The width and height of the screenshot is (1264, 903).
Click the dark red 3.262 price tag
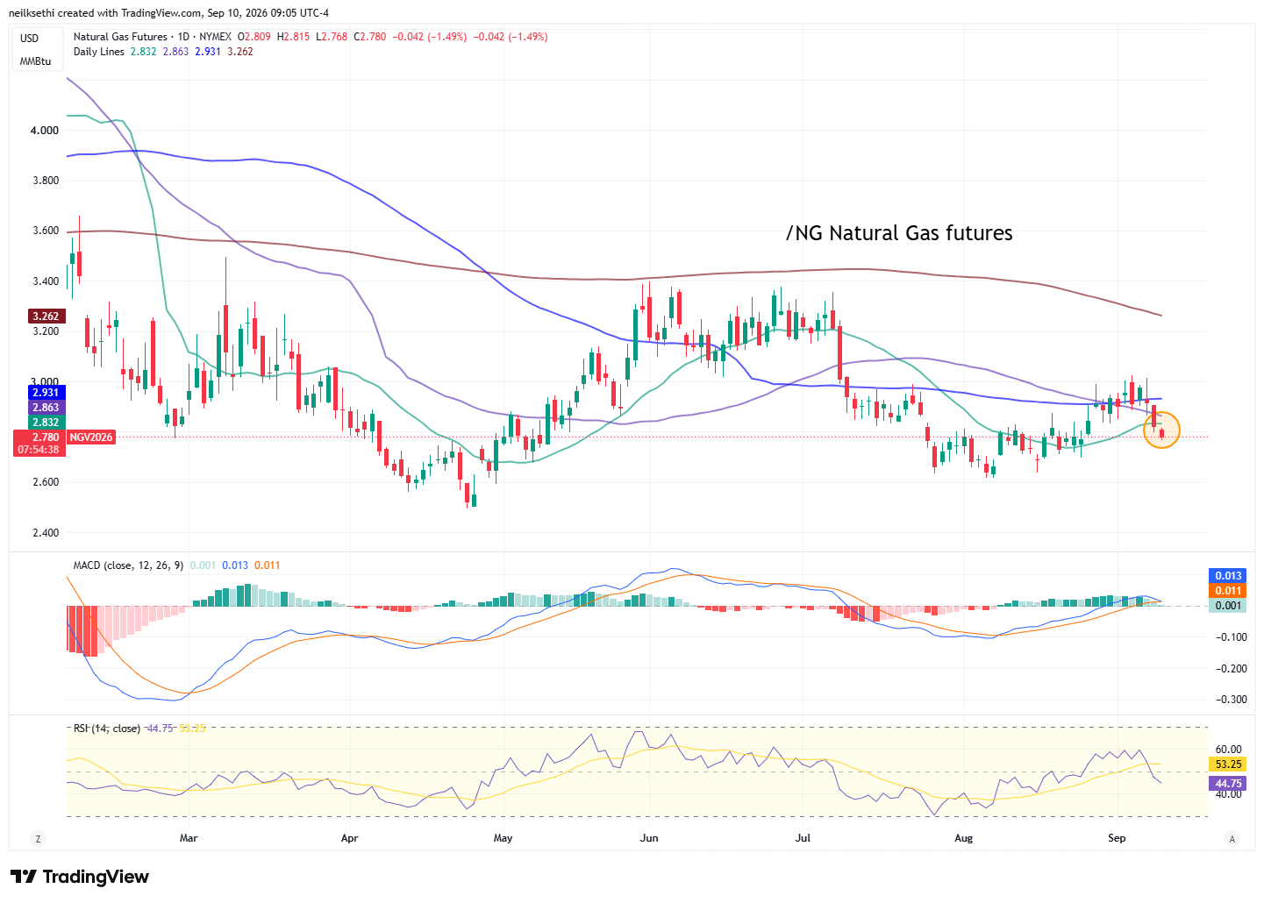[x=46, y=316]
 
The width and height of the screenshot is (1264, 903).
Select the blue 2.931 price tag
[x=46, y=393]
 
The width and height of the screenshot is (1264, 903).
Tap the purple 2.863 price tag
[x=46, y=407]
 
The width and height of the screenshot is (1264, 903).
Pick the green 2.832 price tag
[x=46, y=423]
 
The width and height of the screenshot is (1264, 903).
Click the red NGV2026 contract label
[x=91, y=437]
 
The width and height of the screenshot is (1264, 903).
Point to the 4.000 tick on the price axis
[x=45, y=131]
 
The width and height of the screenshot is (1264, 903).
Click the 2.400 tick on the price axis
[x=45, y=533]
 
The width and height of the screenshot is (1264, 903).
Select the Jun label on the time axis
[x=649, y=838]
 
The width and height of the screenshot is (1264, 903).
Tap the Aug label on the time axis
[x=963, y=838]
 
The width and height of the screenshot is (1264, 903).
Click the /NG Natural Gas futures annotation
[x=899, y=233]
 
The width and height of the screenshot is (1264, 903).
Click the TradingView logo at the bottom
[x=80, y=877]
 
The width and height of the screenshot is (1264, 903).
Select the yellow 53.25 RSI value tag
[x=1228, y=764]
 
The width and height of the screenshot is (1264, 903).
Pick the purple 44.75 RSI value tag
[x=1228, y=784]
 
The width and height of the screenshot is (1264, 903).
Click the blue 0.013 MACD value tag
[x=1228, y=576]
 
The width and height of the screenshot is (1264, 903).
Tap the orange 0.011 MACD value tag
[x=1228, y=591]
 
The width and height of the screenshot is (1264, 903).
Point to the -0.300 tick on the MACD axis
[x=1231, y=700]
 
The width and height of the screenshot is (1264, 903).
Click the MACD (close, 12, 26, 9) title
[x=128, y=565]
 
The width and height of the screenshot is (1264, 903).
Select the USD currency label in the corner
[x=29, y=39]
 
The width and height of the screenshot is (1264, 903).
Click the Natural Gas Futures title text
[x=120, y=37]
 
